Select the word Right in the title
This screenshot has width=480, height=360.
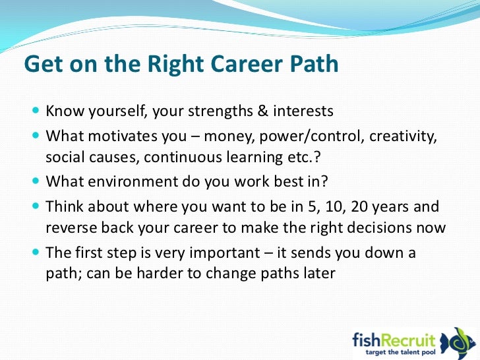[x=175, y=65]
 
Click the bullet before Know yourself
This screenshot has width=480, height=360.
[x=36, y=110]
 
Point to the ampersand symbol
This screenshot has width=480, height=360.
[x=262, y=111]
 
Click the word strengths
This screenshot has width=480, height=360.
[x=220, y=111]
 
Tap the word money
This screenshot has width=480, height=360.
[x=229, y=136]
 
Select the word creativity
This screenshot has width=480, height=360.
[x=403, y=136]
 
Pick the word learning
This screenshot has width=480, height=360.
[x=255, y=158]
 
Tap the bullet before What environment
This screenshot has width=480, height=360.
[x=36, y=181]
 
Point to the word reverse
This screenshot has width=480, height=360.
[x=71, y=228]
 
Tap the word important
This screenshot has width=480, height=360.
[x=225, y=253]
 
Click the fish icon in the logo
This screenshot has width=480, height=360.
[x=456, y=342]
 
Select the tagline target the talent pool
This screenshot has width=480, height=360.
[x=400, y=352]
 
